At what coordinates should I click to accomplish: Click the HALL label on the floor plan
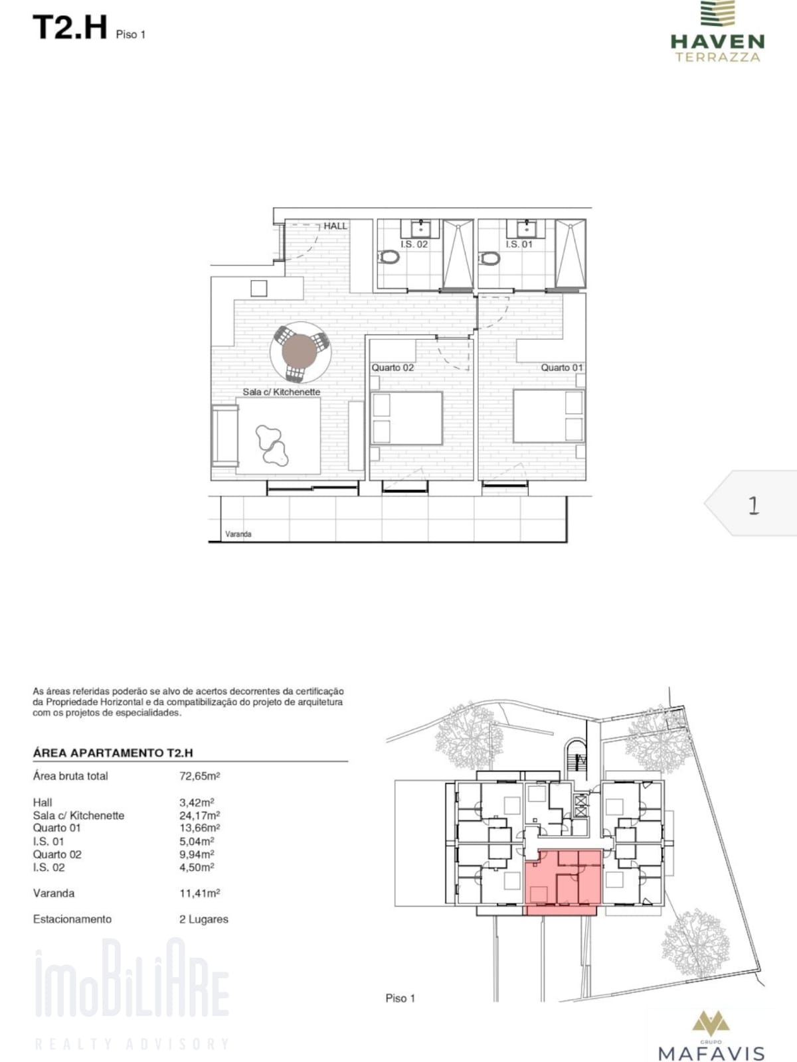335,226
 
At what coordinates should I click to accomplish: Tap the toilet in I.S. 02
389,256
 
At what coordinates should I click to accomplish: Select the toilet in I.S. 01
489,258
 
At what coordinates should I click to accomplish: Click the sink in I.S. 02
421,228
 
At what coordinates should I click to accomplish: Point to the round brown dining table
300,352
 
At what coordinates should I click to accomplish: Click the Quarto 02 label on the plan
393,368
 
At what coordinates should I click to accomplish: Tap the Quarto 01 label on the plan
562,368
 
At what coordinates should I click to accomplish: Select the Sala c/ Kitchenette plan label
281,392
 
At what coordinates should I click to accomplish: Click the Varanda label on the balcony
238,534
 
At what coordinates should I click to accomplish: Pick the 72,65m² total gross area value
199,776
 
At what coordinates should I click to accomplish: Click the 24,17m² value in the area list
199,815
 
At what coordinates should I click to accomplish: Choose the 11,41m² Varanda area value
199,893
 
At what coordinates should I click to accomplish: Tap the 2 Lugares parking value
204,919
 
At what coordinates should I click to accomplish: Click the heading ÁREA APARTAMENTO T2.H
113,753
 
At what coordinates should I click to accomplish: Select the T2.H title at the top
70,27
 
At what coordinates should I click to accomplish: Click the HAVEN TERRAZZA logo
718,31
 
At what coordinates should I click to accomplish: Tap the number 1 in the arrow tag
753,506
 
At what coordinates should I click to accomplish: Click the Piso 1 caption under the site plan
400,998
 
